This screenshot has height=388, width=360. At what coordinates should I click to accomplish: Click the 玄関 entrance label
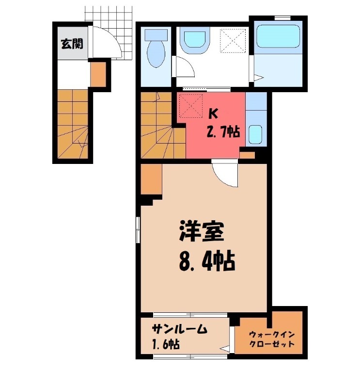click(71, 44)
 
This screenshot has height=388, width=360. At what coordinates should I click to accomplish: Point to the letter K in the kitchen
click(212, 114)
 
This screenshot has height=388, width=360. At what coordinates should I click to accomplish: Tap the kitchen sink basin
click(255, 133)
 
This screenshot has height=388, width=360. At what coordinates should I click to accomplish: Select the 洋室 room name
click(202, 232)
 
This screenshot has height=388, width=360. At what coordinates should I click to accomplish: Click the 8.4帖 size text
click(207, 262)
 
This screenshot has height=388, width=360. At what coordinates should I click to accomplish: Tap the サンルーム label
click(179, 329)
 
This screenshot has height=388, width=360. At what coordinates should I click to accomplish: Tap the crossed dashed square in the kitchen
click(190, 105)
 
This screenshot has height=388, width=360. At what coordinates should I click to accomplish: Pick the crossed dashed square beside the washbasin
click(232, 40)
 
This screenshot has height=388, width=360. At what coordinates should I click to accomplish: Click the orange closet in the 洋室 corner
click(152, 179)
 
